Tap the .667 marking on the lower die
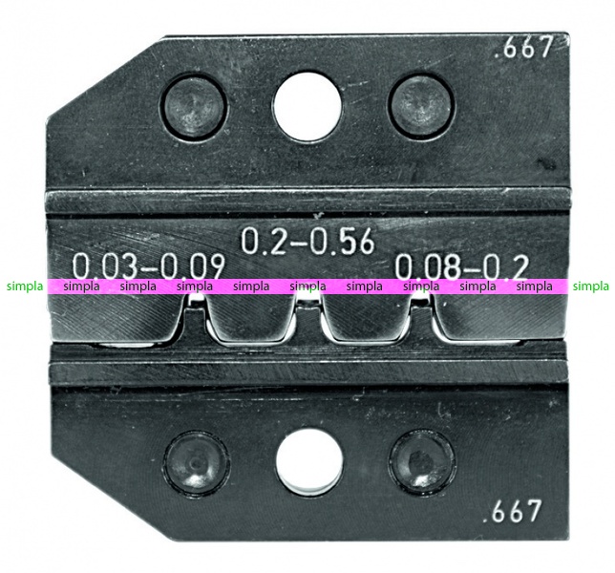click(x=513, y=511)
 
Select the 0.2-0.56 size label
click(x=307, y=242)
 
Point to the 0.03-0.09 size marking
click(x=149, y=266)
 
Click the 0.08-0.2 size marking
click(x=461, y=266)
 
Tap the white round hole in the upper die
click(x=307, y=105)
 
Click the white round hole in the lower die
click(x=309, y=462)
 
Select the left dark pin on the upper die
click(x=194, y=106)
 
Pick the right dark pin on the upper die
click(x=422, y=105)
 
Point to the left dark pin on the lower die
click(x=196, y=462)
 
